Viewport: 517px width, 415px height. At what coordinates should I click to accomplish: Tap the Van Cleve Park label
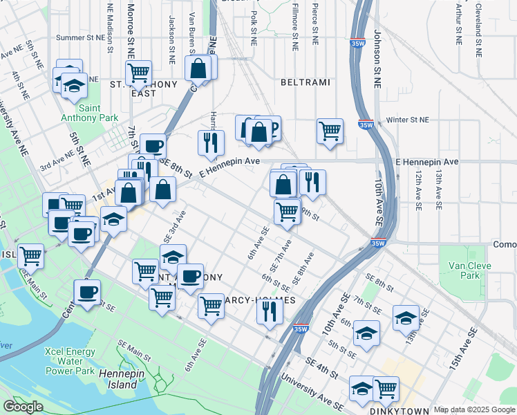coord(469,270)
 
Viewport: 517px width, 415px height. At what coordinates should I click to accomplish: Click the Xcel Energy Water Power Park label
coord(79,361)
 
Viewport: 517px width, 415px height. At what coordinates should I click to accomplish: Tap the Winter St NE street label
coord(408,120)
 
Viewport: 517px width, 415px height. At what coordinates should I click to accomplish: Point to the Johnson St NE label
coord(377,59)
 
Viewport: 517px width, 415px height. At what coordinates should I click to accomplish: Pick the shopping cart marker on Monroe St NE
coord(139,71)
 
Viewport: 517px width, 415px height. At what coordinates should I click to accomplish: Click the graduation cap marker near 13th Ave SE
coord(406,317)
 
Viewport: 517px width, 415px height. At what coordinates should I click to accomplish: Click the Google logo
coord(23,406)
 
